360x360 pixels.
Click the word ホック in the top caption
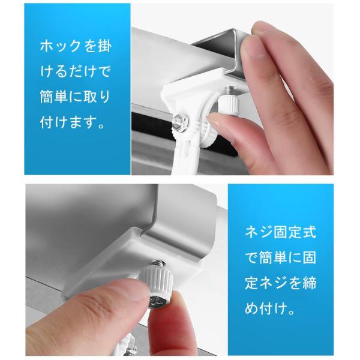point(59,47)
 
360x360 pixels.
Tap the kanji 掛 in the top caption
point(104,47)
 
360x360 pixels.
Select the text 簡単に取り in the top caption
point(76,97)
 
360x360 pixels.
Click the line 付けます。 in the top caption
point(73,122)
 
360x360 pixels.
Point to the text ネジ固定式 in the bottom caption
point(280,232)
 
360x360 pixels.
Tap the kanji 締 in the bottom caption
point(309,283)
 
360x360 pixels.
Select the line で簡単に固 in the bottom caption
point(280,257)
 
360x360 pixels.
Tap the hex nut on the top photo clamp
point(181,123)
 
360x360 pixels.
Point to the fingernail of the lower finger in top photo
point(218,124)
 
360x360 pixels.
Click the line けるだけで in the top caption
point(76,72)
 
